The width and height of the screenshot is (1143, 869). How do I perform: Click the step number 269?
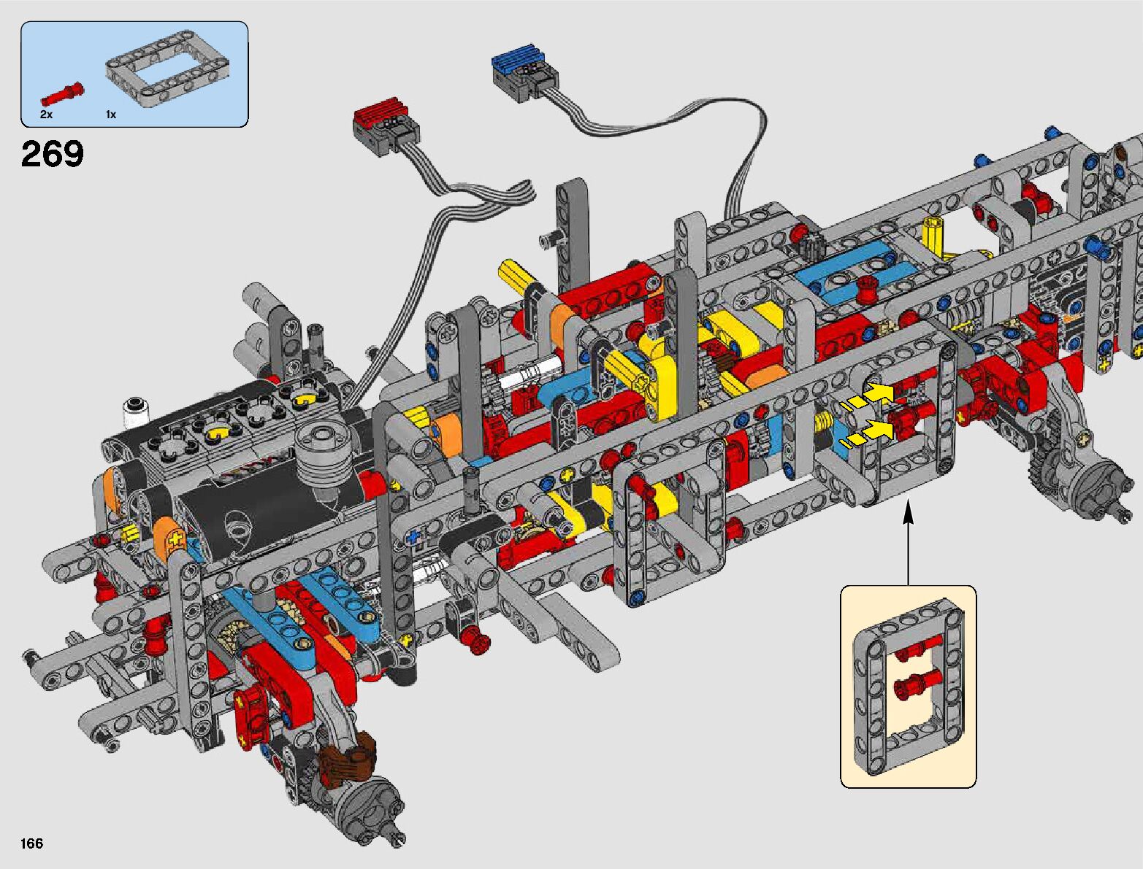point(52,154)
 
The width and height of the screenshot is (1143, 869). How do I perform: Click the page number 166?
point(31,843)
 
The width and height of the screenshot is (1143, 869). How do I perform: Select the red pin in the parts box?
point(63,95)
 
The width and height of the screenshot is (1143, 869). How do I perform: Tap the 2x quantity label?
point(46,115)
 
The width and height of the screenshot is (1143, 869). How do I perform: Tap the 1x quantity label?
point(111,115)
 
